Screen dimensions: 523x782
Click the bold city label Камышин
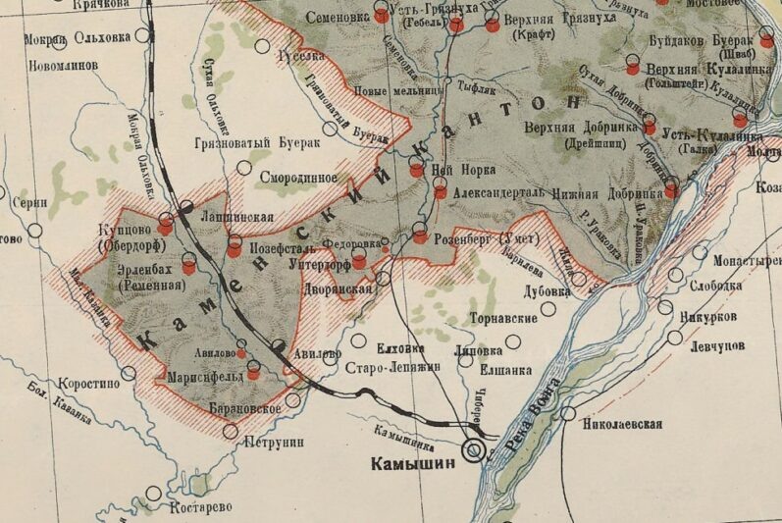click(x=412, y=463)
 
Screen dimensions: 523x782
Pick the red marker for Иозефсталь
click(x=234, y=249)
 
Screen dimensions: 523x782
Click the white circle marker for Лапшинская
click(x=186, y=206)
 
